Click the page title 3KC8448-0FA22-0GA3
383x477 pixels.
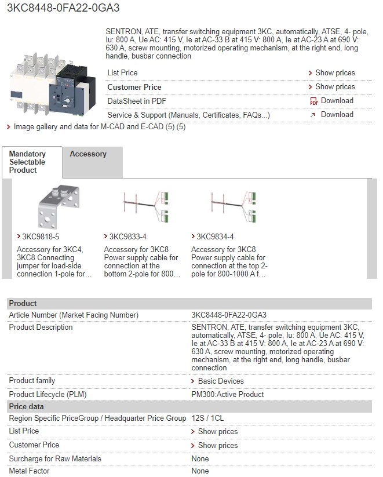point(63,8)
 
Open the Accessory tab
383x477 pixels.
point(88,154)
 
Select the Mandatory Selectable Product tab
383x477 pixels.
point(27,162)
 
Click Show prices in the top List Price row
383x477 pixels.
point(335,72)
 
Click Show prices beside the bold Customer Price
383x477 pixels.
point(335,87)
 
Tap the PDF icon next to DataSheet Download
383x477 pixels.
point(314,101)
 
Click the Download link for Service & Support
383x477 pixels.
point(337,115)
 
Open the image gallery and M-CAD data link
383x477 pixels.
point(100,126)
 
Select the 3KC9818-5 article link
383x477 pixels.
point(41,236)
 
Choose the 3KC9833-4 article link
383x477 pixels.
point(128,236)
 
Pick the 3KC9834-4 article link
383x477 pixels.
point(215,236)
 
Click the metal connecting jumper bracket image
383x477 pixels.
point(59,206)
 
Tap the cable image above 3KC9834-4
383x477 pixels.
point(234,207)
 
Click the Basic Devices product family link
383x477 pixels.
point(221,381)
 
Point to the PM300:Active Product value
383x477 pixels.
point(228,395)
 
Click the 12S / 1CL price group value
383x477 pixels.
point(207,418)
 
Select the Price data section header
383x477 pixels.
point(27,407)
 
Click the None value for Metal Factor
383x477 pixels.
point(200,471)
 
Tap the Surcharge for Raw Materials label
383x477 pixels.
point(55,459)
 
